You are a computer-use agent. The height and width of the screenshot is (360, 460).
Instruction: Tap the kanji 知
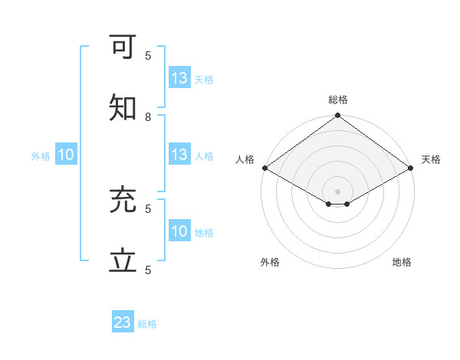tap(123, 109)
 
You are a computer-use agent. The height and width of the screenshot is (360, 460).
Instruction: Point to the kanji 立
tap(123, 261)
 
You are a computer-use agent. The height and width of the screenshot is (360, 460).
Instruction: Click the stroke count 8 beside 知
tap(148, 117)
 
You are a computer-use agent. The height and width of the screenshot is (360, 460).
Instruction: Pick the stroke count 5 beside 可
tap(148, 55)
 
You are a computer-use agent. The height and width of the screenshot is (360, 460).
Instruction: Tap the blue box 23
tap(123, 322)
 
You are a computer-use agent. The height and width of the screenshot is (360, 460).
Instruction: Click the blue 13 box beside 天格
tap(179, 78)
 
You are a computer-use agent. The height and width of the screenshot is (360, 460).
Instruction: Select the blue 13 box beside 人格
tap(179, 155)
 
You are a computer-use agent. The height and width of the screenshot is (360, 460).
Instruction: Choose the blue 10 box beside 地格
tap(179, 231)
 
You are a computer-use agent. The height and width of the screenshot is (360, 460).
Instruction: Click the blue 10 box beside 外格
tap(66, 155)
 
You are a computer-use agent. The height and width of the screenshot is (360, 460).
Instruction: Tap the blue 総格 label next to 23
tap(147, 324)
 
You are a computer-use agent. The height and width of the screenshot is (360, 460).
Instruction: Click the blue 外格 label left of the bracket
tap(41, 156)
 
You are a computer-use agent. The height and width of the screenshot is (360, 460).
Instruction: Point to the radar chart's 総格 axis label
tap(337, 100)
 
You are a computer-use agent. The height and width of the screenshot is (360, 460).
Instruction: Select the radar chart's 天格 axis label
tap(431, 159)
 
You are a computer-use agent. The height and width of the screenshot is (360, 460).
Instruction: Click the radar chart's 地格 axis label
tap(402, 262)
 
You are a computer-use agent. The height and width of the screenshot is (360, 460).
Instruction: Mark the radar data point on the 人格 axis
tap(264, 168)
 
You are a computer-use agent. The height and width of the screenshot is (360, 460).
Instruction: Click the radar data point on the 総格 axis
tap(337, 116)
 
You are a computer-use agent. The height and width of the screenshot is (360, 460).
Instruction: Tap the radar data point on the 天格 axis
tap(411, 168)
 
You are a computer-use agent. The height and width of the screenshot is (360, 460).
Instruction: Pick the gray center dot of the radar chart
tap(337, 191)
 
